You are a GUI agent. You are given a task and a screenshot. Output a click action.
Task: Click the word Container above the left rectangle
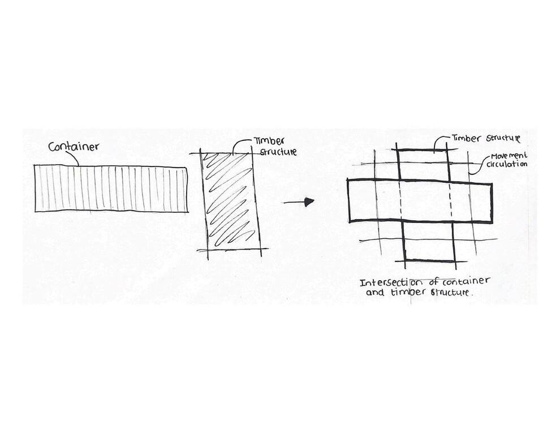(74, 147)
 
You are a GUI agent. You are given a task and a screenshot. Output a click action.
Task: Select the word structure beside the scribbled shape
(278, 152)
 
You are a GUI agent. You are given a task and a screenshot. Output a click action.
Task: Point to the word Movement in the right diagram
(509, 155)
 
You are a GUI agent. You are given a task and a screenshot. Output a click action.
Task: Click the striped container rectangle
(111, 188)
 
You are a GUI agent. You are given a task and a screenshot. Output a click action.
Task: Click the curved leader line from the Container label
(72, 159)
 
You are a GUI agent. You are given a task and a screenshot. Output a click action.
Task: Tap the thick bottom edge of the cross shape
(429, 260)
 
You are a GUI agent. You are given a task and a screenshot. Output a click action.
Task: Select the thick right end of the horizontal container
(492, 202)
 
